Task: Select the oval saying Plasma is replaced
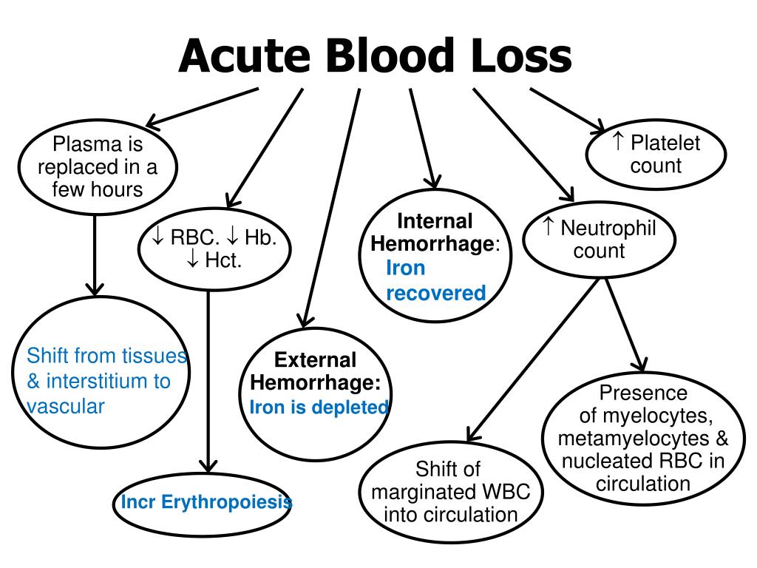click(x=98, y=167)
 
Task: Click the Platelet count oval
click(x=656, y=155)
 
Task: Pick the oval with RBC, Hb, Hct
click(x=214, y=249)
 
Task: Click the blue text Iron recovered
click(x=435, y=280)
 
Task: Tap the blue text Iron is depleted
click(x=319, y=407)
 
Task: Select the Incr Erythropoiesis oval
click(x=206, y=504)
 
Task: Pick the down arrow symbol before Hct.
click(x=194, y=260)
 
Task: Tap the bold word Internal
click(x=435, y=221)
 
